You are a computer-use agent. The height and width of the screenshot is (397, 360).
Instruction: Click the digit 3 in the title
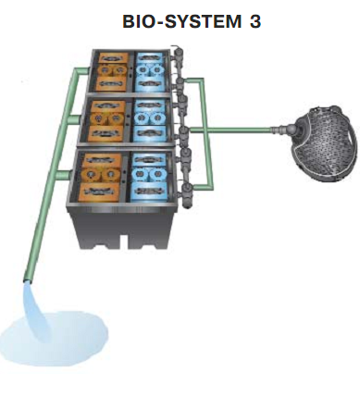tap(255, 21)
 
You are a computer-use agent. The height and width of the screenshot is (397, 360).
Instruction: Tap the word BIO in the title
tap(140, 21)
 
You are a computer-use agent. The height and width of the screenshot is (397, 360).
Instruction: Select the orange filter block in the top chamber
tap(112, 72)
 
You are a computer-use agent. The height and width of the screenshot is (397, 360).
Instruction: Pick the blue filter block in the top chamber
tap(151, 72)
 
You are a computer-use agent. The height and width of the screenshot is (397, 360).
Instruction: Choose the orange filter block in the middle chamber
tap(106, 121)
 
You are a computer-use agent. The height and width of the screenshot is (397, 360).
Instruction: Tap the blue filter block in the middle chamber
tap(150, 120)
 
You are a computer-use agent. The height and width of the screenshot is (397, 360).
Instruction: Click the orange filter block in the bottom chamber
tap(100, 178)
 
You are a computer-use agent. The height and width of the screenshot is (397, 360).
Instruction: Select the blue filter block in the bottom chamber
tap(149, 177)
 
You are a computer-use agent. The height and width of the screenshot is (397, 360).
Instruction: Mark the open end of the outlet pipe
tap(28, 280)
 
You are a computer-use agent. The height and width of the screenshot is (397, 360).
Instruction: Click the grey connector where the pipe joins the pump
tap(279, 130)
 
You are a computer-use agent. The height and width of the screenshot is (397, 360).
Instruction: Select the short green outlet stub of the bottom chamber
tap(63, 174)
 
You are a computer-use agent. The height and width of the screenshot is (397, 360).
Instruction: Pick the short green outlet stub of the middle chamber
tap(74, 119)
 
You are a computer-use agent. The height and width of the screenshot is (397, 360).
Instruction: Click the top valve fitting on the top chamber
tap(178, 54)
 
